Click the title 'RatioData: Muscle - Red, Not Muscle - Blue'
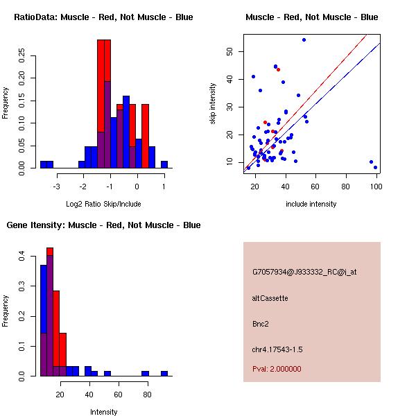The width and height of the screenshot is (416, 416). pyautogui.click(x=103, y=17)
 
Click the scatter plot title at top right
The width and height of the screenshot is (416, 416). pyautogui.click(x=311, y=17)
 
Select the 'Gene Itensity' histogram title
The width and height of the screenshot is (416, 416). pyautogui.click(x=103, y=225)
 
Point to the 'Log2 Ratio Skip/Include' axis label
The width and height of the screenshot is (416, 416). pyautogui.click(x=103, y=204)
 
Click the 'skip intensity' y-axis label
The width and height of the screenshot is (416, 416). pyautogui.click(x=213, y=104)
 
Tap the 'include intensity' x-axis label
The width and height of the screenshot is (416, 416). pyautogui.click(x=311, y=204)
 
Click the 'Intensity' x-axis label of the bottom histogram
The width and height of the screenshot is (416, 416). pyautogui.click(x=103, y=412)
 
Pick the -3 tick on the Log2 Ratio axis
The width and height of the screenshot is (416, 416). pyautogui.click(x=56, y=186)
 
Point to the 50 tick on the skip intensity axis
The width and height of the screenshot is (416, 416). pyautogui.click(x=229, y=51)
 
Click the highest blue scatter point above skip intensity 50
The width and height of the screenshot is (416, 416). pyautogui.click(x=304, y=40)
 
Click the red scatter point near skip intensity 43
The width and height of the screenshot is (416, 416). pyautogui.click(x=278, y=69)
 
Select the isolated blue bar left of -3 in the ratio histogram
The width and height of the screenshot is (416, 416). pyautogui.click(x=46, y=164)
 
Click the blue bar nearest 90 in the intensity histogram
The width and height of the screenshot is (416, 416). pyautogui.click(x=164, y=373)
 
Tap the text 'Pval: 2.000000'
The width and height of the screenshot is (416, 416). pyautogui.click(x=277, y=369)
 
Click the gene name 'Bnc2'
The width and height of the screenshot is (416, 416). pyautogui.click(x=260, y=323)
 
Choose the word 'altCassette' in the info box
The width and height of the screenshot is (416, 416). pyautogui.click(x=270, y=298)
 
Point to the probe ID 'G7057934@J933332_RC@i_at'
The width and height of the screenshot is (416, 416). pyautogui.click(x=304, y=272)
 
